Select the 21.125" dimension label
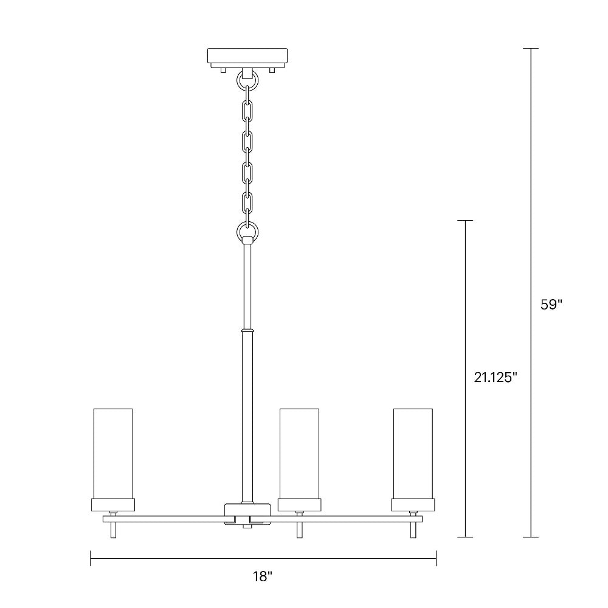pos(496,377)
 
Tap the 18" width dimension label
pos(262,576)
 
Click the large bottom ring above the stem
pos(247,231)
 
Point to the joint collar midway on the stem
pos(247,331)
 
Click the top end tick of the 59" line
pos(531,49)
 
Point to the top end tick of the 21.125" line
pos(465,221)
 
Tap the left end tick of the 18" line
pos(91,558)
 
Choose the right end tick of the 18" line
pos(436,558)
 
